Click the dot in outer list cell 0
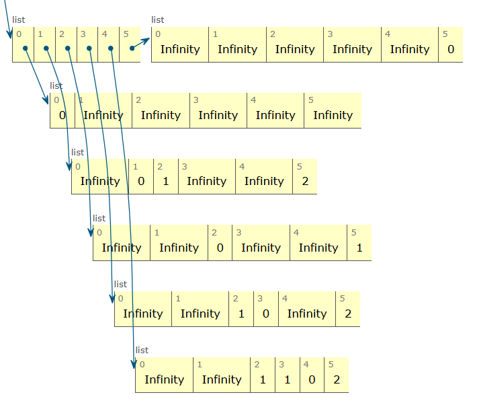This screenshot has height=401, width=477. pyautogui.click(x=24, y=48)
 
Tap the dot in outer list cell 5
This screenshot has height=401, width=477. pyautogui.click(x=132, y=48)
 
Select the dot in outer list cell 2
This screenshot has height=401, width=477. pyautogui.click(x=67, y=48)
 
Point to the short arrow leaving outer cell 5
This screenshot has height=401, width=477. pyautogui.click(x=141, y=43)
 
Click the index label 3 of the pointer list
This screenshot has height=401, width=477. pyautogui.click(x=83, y=34)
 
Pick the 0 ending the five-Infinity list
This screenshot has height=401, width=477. pyautogui.click(x=451, y=49)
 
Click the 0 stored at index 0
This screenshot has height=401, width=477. pyautogui.click(x=62, y=115)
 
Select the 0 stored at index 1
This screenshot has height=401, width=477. pyautogui.click(x=141, y=181)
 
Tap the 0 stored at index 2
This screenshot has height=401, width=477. pyautogui.click(x=220, y=248)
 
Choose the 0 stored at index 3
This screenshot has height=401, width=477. pyautogui.click(x=266, y=314)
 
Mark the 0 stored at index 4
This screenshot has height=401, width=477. pyautogui.click(x=312, y=379)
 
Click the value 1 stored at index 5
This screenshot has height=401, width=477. pyautogui.click(x=359, y=248)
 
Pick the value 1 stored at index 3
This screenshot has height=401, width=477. pyautogui.click(x=288, y=379)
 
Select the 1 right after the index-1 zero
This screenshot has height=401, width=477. pyautogui.click(x=166, y=181)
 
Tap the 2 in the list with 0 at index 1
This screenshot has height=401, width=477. pyautogui.click(x=305, y=181)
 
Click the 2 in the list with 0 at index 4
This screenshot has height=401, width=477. pyautogui.click(x=337, y=379)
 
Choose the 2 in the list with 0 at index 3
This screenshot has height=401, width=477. pyautogui.click(x=347, y=314)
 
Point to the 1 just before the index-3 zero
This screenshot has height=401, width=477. pyautogui.click(x=242, y=314)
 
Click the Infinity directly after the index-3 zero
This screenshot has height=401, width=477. pyautogui.click(x=307, y=314)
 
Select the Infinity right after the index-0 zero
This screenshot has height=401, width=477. pyautogui.click(x=103, y=115)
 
